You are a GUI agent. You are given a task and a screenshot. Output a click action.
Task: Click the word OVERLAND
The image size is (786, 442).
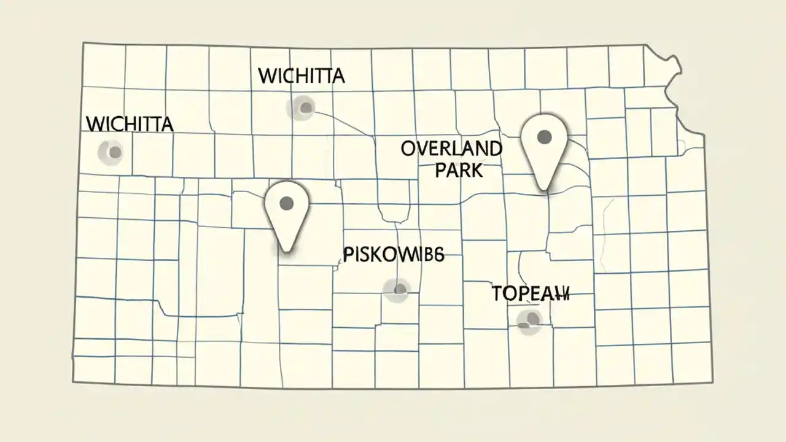point(451,149)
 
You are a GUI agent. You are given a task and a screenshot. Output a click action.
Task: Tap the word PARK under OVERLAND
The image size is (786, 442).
point(459,169)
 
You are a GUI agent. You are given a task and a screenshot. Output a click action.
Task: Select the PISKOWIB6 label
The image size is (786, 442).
point(393,255)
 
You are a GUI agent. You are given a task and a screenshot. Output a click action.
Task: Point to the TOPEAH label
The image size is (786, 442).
point(531,294)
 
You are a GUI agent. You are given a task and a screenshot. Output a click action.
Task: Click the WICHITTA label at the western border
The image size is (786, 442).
point(130,123)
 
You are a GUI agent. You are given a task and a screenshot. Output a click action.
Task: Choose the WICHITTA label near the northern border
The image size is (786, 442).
point(302,76)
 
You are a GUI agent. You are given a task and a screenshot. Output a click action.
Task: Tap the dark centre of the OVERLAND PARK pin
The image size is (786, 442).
point(543,136)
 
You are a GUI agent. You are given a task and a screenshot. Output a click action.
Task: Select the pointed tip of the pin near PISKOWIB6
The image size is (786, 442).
point(285,250)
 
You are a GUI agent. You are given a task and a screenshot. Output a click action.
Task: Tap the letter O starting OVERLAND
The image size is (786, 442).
point(410,149)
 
